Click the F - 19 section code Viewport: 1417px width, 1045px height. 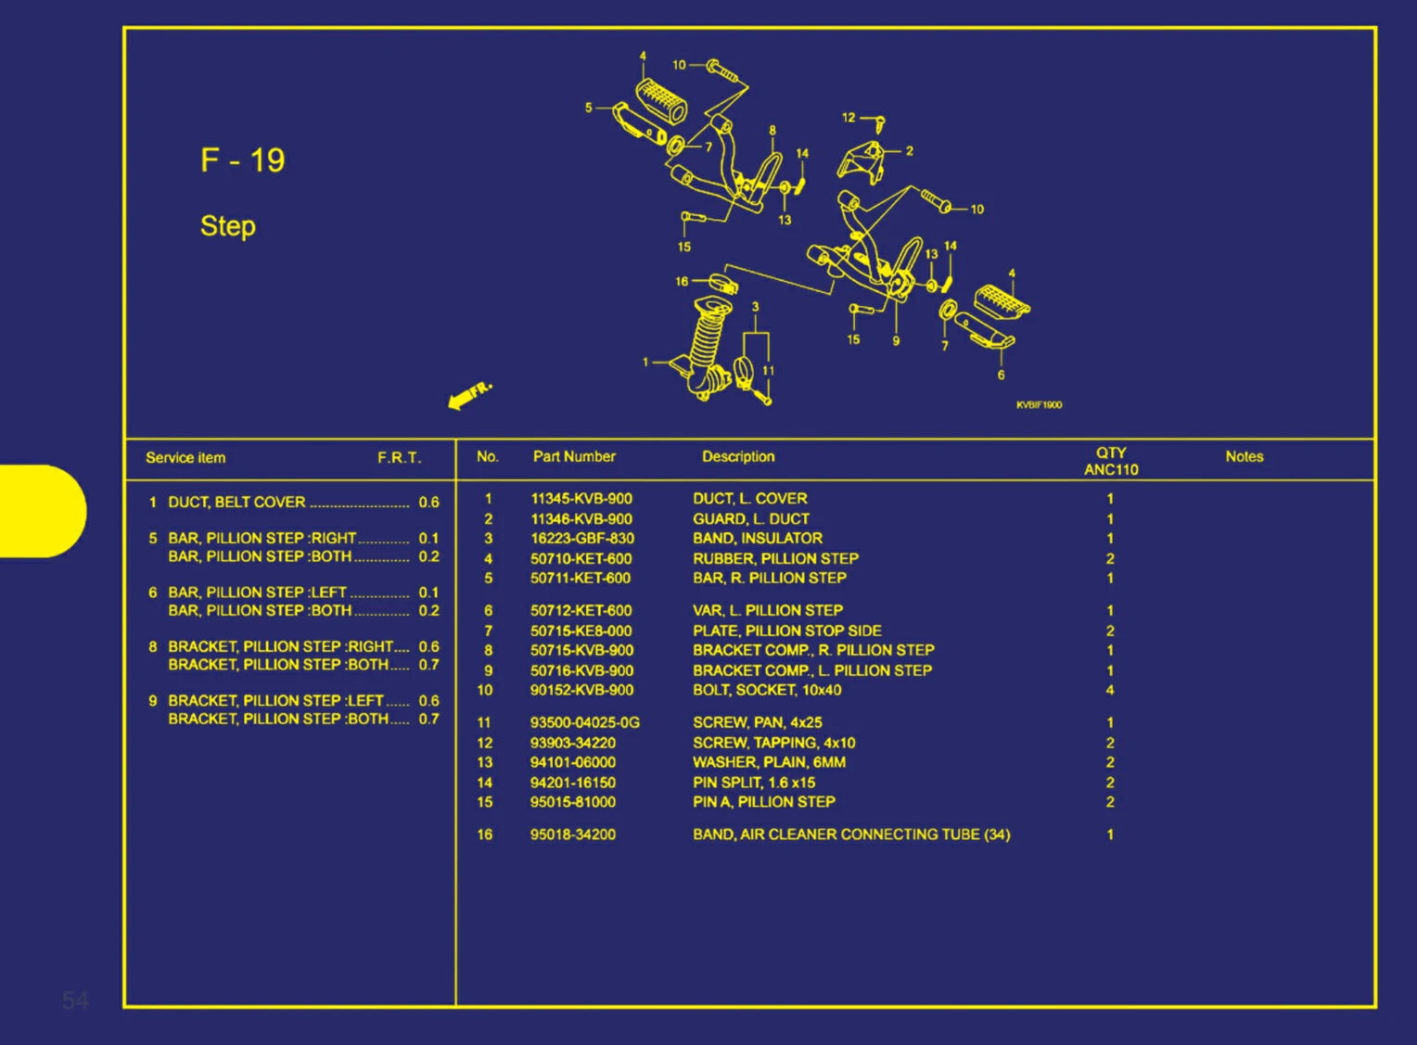click(x=243, y=160)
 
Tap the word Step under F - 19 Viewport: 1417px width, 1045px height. click(x=228, y=226)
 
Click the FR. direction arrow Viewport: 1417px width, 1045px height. click(x=469, y=396)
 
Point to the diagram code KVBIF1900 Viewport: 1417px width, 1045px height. click(x=1039, y=405)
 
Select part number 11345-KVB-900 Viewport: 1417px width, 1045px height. click(x=581, y=499)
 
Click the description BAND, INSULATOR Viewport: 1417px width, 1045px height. click(x=758, y=539)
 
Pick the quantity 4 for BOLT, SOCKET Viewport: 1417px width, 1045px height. click(x=1109, y=690)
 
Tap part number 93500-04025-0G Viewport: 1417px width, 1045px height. click(x=585, y=722)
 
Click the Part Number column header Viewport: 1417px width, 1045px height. click(x=574, y=456)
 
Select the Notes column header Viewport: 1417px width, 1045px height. click(x=1244, y=456)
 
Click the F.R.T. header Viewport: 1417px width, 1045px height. click(x=399, y=457)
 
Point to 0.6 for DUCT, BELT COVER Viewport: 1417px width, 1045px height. click(x=428, y=503)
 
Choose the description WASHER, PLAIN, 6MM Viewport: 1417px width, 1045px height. click(x=769, y=762)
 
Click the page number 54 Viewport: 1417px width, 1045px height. click(x=76, y=1000)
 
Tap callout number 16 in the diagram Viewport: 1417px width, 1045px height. click(x=682, y=282)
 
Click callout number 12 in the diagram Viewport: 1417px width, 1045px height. click(x=849, y=118)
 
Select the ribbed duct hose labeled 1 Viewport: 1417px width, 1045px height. click(x=704, y=348)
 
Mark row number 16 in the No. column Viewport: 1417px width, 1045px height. click(x=485, y=835)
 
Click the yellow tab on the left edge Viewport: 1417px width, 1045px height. click(x=42, y=511)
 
